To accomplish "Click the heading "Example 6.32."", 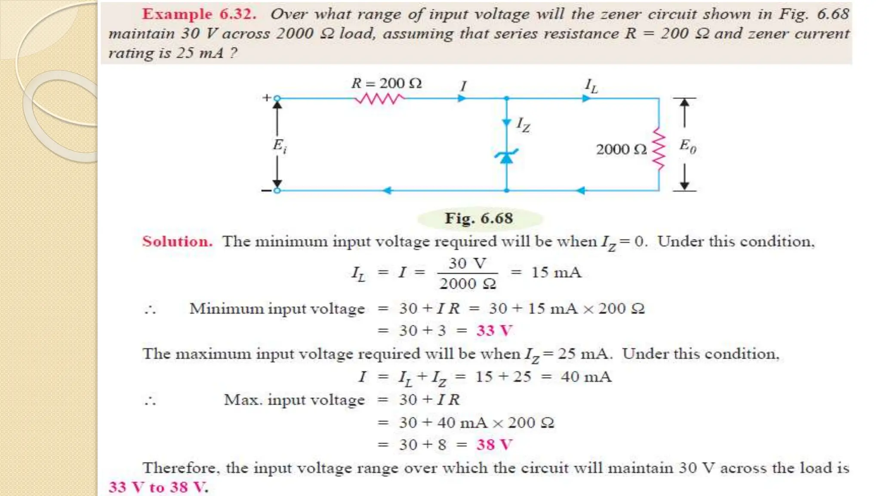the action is (x=199, y=14).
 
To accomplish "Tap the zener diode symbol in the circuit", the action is (x=507, y=157).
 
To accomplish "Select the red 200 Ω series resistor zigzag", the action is (x=379, y=99).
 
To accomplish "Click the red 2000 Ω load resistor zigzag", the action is (x=659, y=149).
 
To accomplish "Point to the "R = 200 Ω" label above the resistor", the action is (x=386, y=83).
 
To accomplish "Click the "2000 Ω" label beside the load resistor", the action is (x=621, y=149).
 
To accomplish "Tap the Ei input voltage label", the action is (x=280, y=146).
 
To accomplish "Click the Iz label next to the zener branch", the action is (x=523, y=125).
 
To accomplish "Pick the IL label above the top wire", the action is (x=591, y=86).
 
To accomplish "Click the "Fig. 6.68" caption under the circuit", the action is (x=479, y=218).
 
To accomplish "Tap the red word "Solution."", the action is (x=177, y=242).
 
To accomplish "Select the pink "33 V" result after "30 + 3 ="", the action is (x=494, y=331).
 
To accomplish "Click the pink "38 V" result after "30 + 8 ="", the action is (x=494, y=445).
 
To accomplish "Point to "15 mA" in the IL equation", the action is (x=556, y=273).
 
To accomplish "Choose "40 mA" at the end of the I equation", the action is (x=586, y=377).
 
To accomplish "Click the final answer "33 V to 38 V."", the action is (x=158, y=487).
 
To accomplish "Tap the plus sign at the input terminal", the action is (x=267, y=98).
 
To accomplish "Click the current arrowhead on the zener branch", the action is (x=507, y=123).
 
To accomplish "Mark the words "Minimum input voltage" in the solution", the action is (x=277, y=309).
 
